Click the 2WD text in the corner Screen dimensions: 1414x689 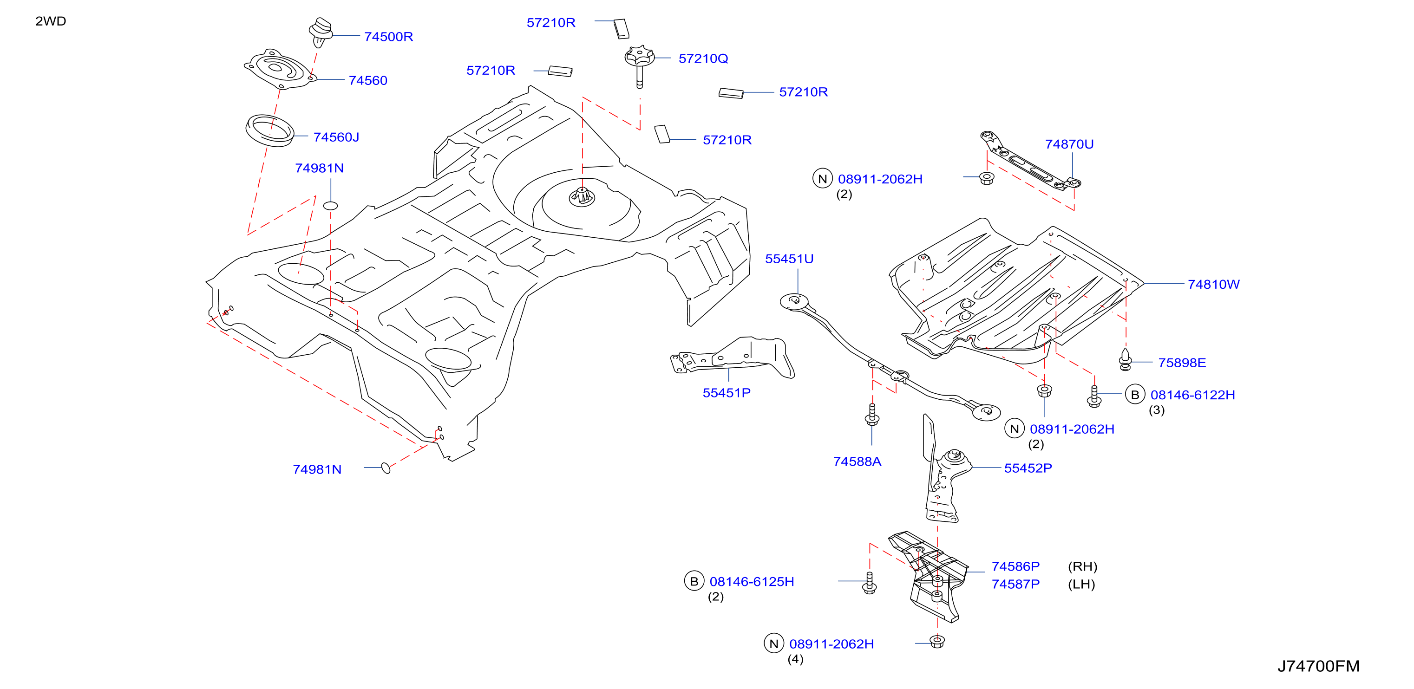(51, 21)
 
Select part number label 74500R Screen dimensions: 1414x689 (389, 37)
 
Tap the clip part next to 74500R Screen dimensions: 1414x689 (321, 32)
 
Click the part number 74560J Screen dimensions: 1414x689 (336, 137)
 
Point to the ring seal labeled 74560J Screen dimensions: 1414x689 (269, 131)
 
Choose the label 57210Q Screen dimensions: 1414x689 (703, 58)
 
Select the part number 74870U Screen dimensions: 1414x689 (1069, 144)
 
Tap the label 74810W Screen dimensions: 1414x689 (1214, 284)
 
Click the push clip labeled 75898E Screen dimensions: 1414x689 (1125, 359)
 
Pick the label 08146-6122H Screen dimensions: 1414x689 (1193, 395)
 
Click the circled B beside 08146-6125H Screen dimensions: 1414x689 (694, 581)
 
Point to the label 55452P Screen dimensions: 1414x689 (1028, 468)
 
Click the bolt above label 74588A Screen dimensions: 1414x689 (872, 415)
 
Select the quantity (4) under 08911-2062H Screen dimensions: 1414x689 (795, 659)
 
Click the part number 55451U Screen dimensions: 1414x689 (789, 259)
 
